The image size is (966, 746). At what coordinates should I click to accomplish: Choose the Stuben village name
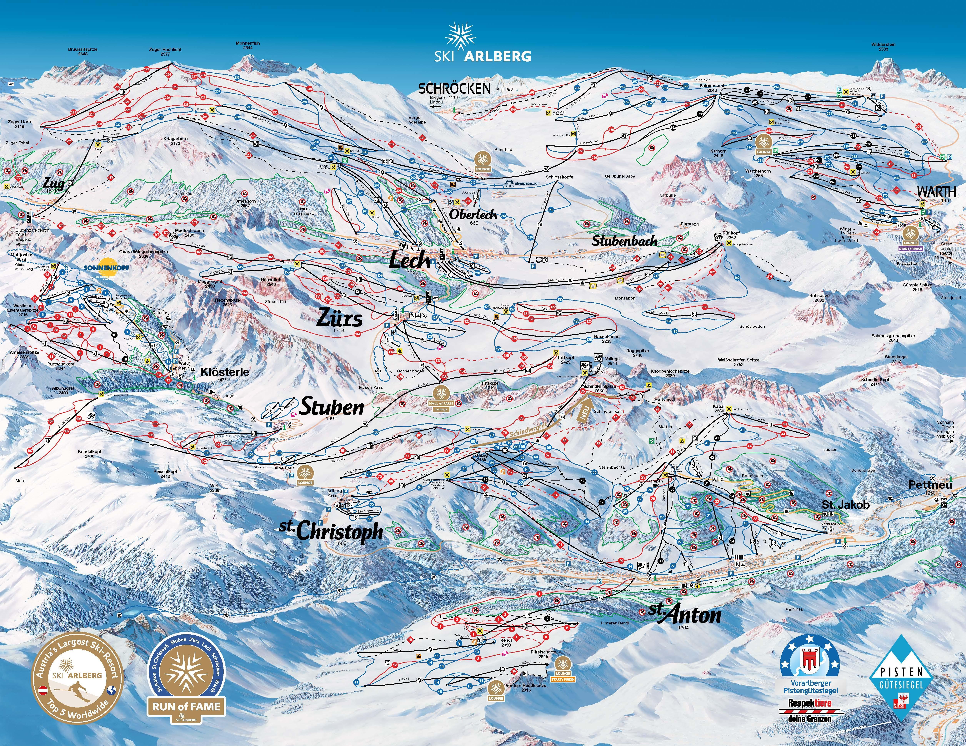pos(332,407)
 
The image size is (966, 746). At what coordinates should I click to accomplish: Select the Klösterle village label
pos(225,372)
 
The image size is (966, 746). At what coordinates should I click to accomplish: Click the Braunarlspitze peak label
pos(83,51)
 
